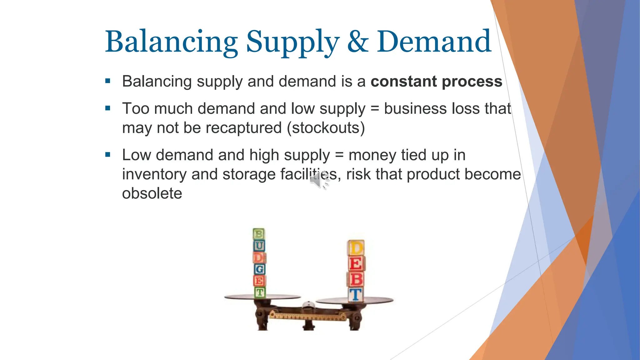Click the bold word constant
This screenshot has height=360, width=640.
(x=403, y=81)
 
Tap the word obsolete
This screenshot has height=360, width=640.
(x=152, y=193)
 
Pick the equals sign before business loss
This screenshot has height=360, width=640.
(x=374, y=109)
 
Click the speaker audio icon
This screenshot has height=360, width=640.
(x=319, y=180)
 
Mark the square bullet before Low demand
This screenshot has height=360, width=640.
(x=108, y=155)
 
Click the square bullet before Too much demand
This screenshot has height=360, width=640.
(x=108, y=108)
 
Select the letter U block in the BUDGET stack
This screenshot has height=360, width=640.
(x=259, y=246)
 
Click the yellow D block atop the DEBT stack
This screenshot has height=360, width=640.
(x=356, y=248)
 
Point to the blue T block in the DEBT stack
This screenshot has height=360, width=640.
(x=356, y=295)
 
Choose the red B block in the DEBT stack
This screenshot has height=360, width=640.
(x=356, y=279)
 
